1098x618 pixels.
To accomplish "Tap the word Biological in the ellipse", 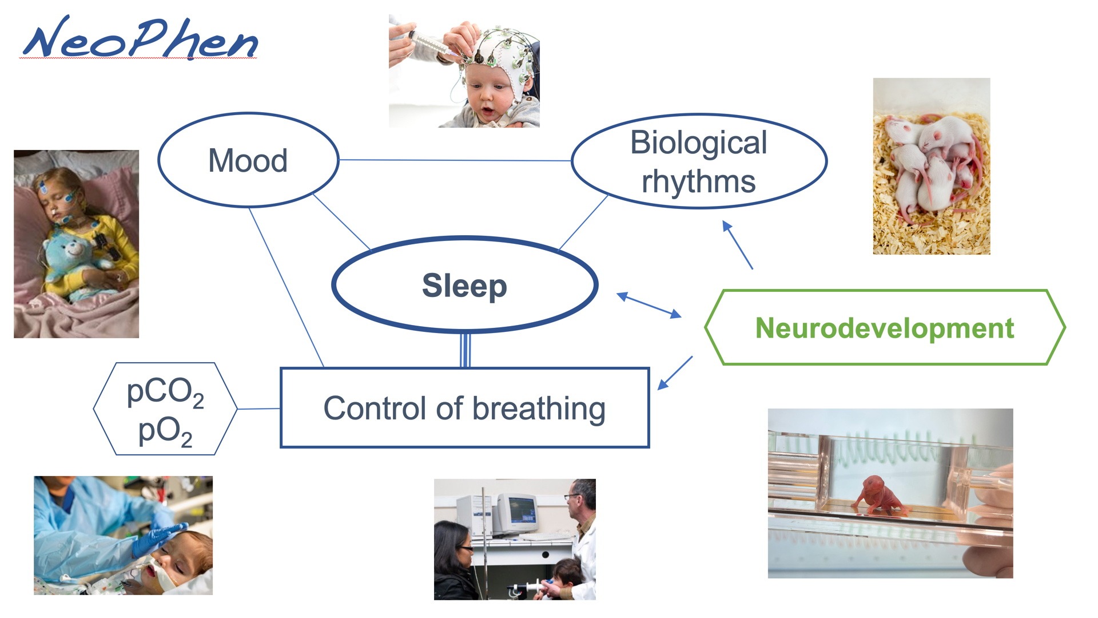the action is coord(698,142).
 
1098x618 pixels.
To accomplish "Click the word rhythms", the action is coord(698,181).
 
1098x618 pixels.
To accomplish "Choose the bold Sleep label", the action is coord(464,286).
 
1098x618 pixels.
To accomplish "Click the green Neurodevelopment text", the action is coord(885,328).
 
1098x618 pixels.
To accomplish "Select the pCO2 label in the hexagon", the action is coord(165,393).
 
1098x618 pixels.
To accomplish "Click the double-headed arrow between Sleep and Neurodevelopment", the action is coord(649,305).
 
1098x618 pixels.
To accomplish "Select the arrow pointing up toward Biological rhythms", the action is coord(738,244).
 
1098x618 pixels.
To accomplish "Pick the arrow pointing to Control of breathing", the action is coord(675,373).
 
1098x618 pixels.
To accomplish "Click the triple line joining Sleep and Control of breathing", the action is coord(465,350).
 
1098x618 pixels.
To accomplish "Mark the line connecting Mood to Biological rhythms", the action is coord(455,160).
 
